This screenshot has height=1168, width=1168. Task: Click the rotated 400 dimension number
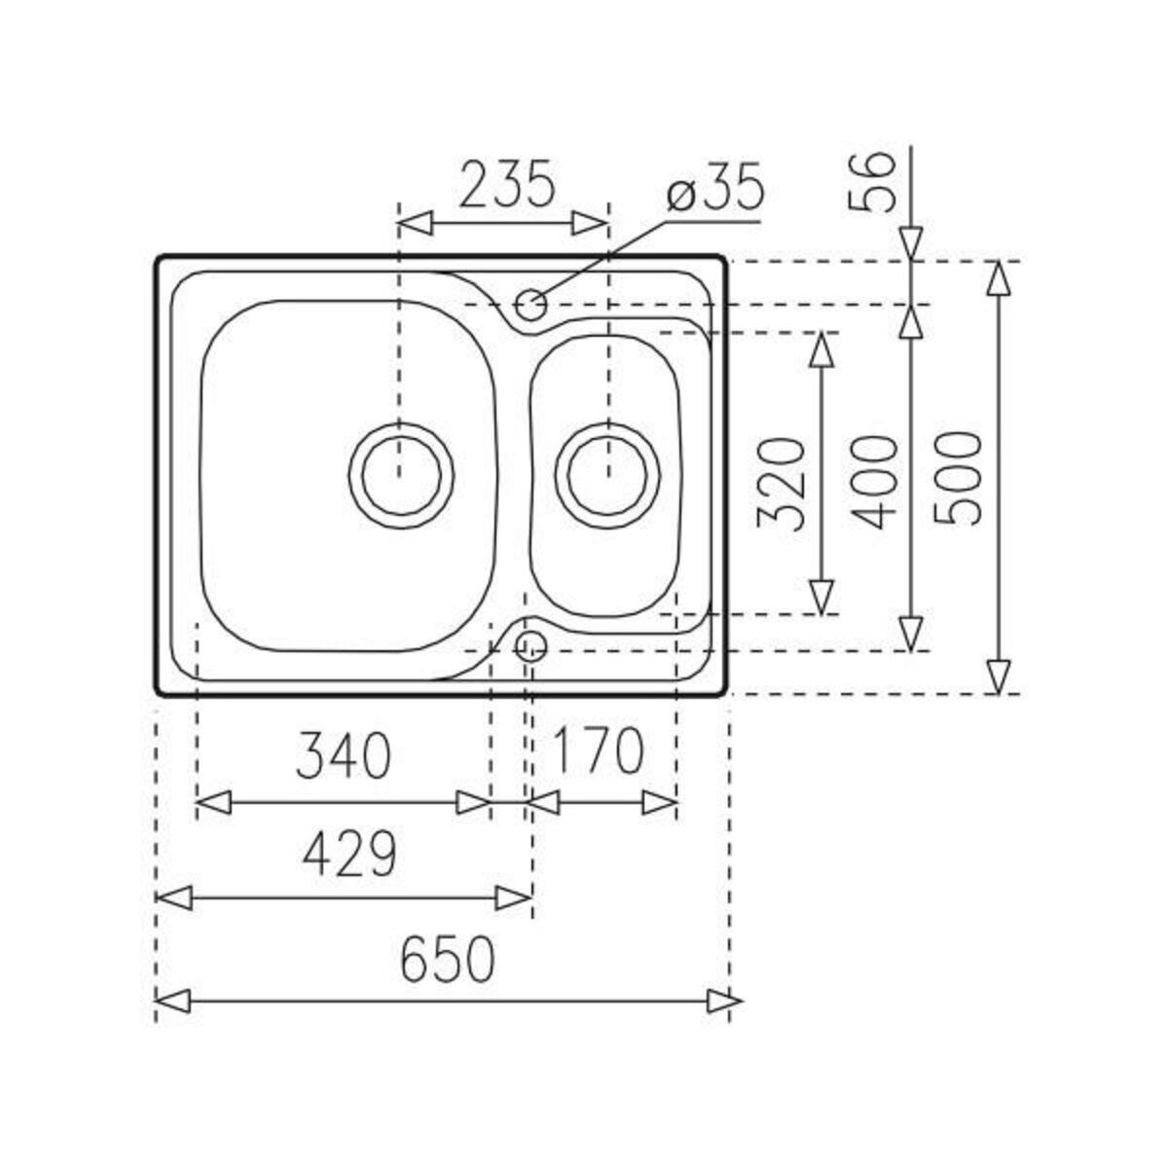pos(873,483)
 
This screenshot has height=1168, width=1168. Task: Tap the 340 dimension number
pos(343,754)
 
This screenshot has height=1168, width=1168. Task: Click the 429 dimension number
pos(348,854)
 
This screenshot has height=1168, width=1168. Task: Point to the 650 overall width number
pos(448,959)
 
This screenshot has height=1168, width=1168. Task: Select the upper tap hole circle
pos(530,305)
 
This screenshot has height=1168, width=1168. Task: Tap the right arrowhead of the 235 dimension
pos(592,223)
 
